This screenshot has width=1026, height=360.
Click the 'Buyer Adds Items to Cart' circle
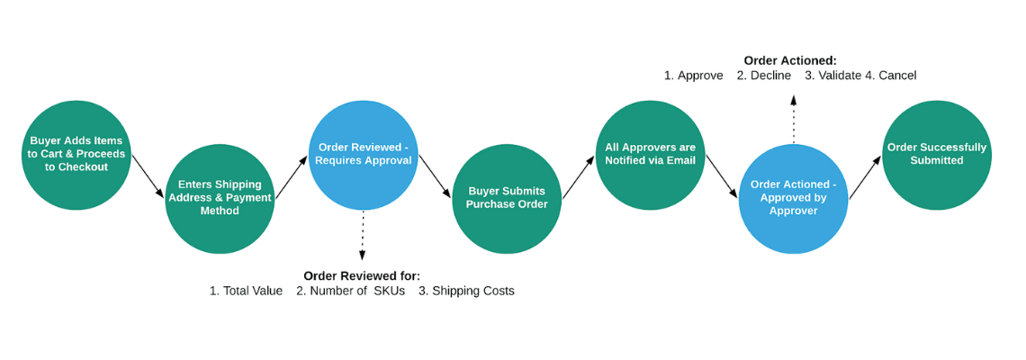[76, 155]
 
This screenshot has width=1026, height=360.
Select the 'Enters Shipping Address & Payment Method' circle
[220, 199]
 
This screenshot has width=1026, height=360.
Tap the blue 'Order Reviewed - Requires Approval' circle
[363, 155]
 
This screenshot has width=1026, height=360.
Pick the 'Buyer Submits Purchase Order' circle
[506, 199]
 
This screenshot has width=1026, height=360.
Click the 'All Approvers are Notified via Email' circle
[650, 155]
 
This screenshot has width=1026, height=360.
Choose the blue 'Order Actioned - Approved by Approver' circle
[793, 199]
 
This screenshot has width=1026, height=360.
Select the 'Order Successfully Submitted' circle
[936, 155]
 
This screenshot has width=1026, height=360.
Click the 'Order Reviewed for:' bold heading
[362, 275]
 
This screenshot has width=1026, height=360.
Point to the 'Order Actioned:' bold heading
[790, 60]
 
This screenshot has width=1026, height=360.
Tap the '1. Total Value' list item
[246, 291]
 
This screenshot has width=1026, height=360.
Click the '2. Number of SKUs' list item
[350, 291]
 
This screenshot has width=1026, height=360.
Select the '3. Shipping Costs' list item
[466, 291]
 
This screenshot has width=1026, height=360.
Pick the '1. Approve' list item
[693, 76]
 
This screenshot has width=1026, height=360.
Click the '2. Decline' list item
[763, 76]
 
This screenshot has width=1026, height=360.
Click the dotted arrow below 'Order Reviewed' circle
[363, 236]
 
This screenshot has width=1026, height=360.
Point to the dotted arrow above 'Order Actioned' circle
[793, 119]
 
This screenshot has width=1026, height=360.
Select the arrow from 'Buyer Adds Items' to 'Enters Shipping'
[148, 176]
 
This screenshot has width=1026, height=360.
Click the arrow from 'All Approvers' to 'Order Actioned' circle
[722, 176]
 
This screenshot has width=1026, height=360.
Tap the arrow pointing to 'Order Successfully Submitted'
[865, 176]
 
